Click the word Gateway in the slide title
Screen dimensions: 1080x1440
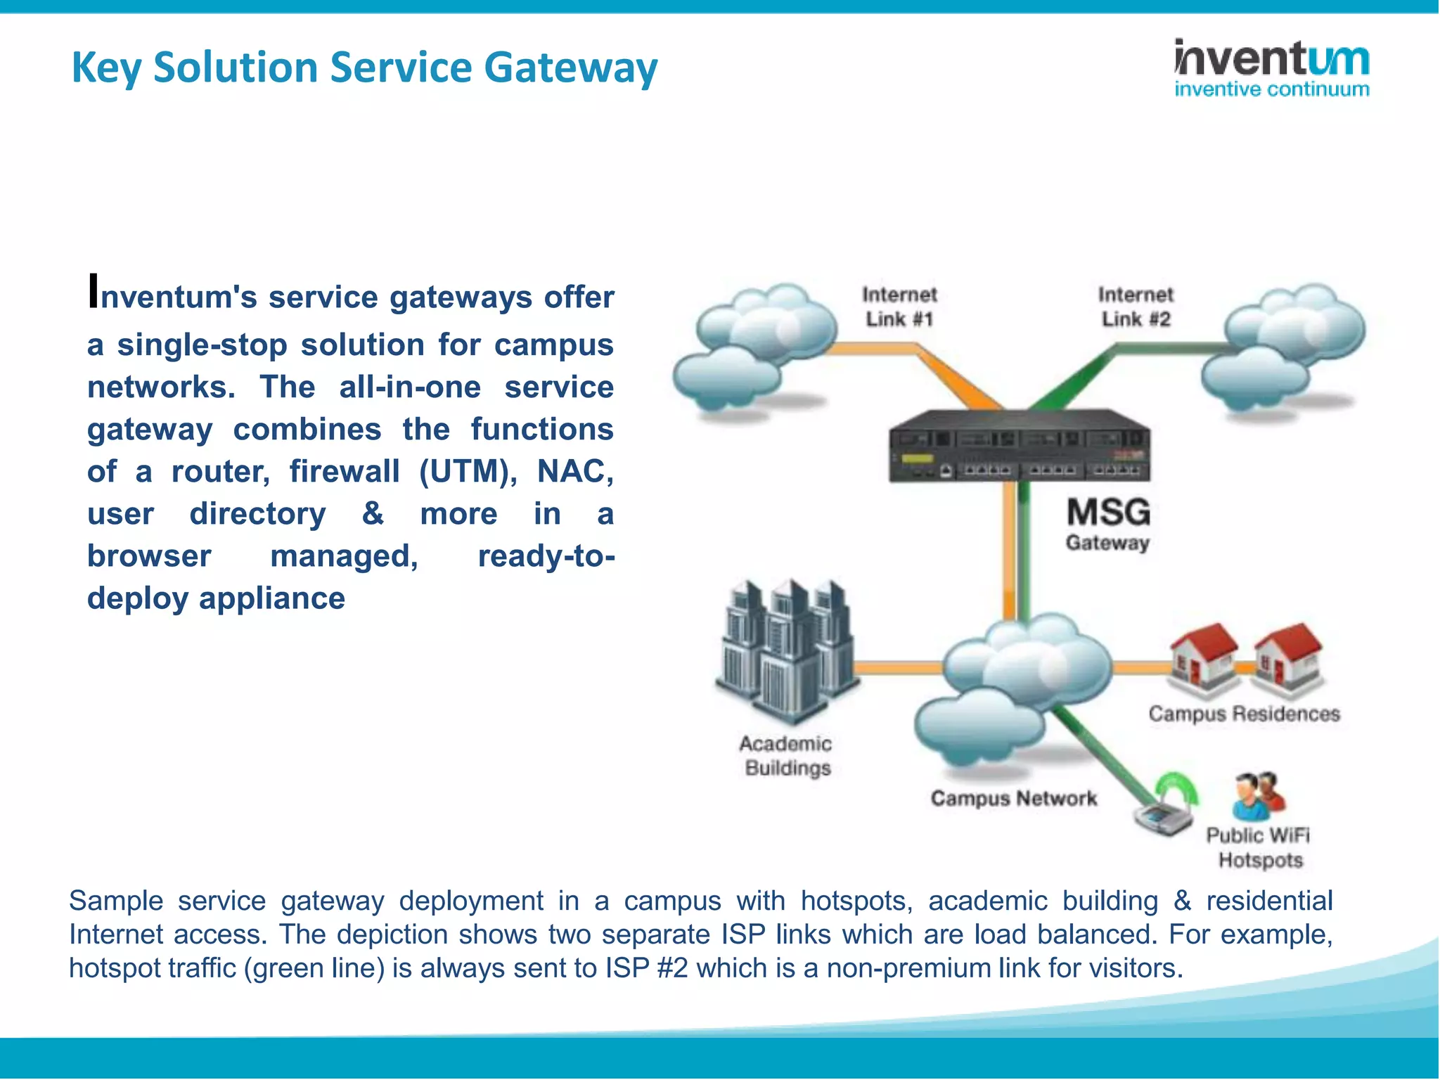570,68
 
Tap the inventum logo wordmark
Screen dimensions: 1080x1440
1271,59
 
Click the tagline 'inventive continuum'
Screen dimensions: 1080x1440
1271,89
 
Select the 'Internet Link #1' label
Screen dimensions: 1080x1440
899,307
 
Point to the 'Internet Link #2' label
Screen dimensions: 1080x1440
1136,307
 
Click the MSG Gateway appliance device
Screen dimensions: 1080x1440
1019,446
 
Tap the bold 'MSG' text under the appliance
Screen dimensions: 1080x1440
1108,512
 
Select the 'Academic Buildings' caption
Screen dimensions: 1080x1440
787,756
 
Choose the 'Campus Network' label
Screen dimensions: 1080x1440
1013,799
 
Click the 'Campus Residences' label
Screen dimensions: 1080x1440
1244,714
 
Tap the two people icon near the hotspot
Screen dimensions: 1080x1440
1258,797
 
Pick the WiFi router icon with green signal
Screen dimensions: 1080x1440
1164,809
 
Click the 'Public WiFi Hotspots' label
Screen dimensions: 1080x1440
1259,847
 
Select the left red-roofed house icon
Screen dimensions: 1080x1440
1202,657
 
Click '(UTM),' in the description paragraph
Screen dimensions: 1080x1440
468,472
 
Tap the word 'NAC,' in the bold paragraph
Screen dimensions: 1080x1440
575,472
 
